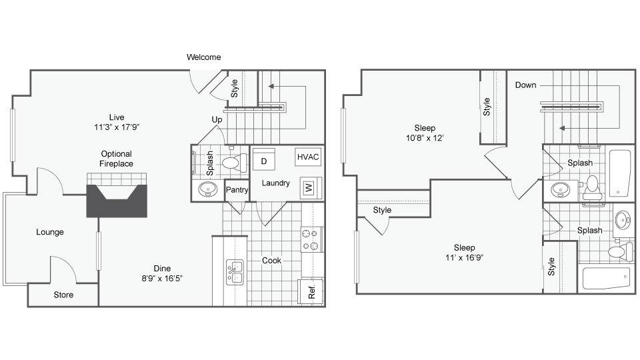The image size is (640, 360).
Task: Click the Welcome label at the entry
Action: pyautogui.click(x=203, y=57)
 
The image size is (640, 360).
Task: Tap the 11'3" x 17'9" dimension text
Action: pyautogui.click(x=117, y=127)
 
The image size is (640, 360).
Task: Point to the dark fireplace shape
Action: pyautogui.click(x=117, y=201)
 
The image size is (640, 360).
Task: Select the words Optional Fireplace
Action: pyautogui.click(x=117, y=159)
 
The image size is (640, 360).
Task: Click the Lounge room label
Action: pyautogui.click(x=50, y=232)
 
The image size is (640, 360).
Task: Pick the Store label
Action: pyautogui.click(x=63, y=294)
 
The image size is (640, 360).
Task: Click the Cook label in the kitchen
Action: pyautogui.click(x=271, y=260)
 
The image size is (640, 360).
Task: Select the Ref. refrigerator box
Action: pyautogui.click(x=311, y=291)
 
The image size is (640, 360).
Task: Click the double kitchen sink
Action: pyautogui.click(x=236, y=272)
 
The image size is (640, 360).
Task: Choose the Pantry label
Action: pyautogui.click(x=237, y=190)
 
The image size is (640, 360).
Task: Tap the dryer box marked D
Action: pyautogui.click(x=264, y=161)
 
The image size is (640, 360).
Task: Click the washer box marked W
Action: pyautogui.click(x=309, y=188)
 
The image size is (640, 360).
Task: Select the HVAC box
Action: pyautogui.click(x=309, y=157)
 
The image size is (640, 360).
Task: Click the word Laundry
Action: pyautogui.click(x=275, y=183)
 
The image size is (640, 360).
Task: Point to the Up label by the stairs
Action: pyautogui.click(x=217, y=119)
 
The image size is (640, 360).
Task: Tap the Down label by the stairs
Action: pyautogui.click(x=525, y=85)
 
